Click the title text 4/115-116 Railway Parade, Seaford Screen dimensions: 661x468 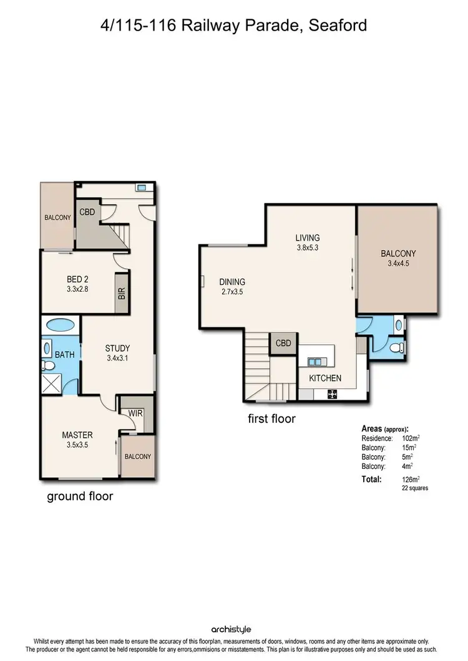tap(233, 26)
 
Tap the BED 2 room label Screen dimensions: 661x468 tap(79, 284)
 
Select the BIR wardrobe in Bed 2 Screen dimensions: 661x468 tap(122, 294)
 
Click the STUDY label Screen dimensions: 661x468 tap(117, 353)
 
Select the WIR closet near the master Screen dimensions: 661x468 tap(135, 413)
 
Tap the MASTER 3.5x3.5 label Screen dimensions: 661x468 tap(77, 440)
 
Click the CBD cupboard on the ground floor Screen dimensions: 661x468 tap(87, 213)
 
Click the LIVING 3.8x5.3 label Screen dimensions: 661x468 tap(308, 242)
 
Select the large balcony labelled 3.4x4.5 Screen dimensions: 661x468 tap(397, 258)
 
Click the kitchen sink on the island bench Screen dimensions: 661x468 tap(316, 362)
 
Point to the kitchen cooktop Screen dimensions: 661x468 tap(331, 393)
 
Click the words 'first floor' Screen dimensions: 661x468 tap(271, 418)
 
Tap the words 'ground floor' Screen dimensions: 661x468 tap(80, 496)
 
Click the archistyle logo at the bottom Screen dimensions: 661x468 tap(233, 629)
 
